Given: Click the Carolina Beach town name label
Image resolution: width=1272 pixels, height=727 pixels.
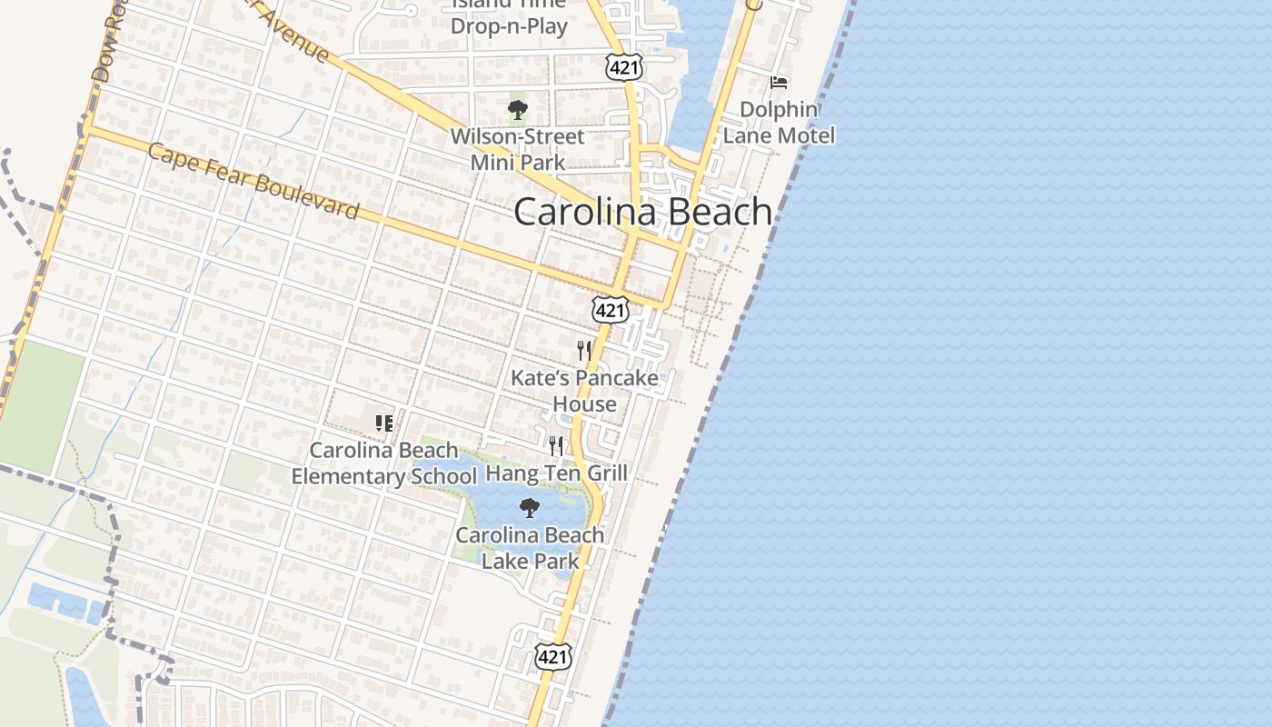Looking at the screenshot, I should pyautogui.click(x=642, y=212).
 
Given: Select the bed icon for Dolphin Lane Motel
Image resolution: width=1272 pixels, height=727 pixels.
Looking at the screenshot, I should pyautogui.click(x=779, y=83).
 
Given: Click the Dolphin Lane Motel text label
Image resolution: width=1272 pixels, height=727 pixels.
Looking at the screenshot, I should pyautogui.click(x=779, y=123).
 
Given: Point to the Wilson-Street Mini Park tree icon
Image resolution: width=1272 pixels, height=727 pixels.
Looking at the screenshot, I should pyautogui.click(x=518, y=111).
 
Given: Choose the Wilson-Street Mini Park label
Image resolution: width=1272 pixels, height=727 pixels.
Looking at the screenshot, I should pyautogui.click(x=518, y=150).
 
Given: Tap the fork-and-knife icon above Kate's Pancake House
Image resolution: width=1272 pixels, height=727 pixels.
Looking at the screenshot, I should pyautogui.click(x=584, y=350).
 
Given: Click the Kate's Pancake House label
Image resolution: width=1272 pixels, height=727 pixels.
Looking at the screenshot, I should pyautogui.click(x=584, y=391).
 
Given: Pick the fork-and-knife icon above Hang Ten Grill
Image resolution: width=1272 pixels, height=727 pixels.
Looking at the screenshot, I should pyautogui.click(x=556, y=445).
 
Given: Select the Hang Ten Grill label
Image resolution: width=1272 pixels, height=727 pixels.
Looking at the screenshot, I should pyautogui.click(x=556, y=473).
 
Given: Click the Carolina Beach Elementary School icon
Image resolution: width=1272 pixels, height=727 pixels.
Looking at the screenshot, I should pyautogui.click(x=384, y=423).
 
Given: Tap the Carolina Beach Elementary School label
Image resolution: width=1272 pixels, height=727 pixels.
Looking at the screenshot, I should pyautogui.click(x=384, y=463).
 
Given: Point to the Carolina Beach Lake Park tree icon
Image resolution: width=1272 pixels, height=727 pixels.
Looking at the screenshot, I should pyautogui.click(x=530, y=507).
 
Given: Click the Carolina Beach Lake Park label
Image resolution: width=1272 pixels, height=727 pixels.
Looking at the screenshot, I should pyautogui.click(x=530, y=548).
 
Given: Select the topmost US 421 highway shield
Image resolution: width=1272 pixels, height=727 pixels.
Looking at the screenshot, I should pyautogui.click(x=625, y=65).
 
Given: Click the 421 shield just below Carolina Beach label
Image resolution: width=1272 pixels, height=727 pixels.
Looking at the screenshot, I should pyautogui.click(x=610, y=310).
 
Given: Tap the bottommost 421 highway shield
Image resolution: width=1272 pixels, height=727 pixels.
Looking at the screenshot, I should pyautogui.click(x=552, y=656).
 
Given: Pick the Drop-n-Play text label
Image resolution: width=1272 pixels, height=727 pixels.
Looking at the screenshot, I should pyautogui.click(x=509, y=25).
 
